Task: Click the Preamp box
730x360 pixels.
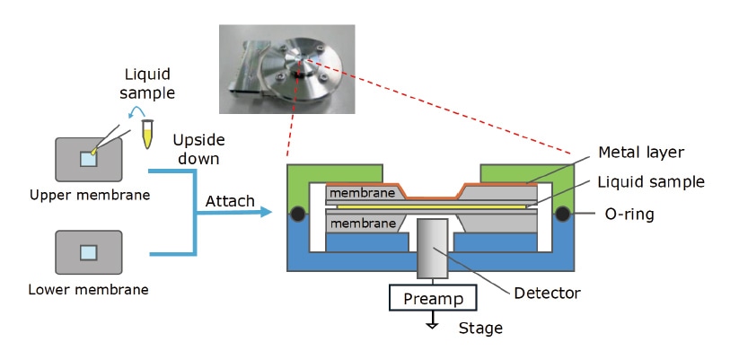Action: click(431, 297)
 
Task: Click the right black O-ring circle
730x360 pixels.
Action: click(565, 215)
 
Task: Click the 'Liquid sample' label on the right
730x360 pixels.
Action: click(651, 182)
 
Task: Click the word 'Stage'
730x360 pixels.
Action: click(479, 329)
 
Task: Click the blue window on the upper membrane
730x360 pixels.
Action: click(88, 159)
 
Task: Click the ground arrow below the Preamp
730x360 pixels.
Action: click(431, 323)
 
